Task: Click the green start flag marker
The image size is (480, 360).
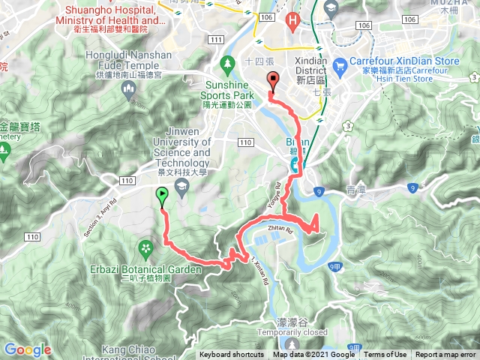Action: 163,196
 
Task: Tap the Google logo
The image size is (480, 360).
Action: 27,349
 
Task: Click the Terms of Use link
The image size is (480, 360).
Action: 385,355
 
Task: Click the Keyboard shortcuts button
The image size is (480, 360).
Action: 231,355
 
